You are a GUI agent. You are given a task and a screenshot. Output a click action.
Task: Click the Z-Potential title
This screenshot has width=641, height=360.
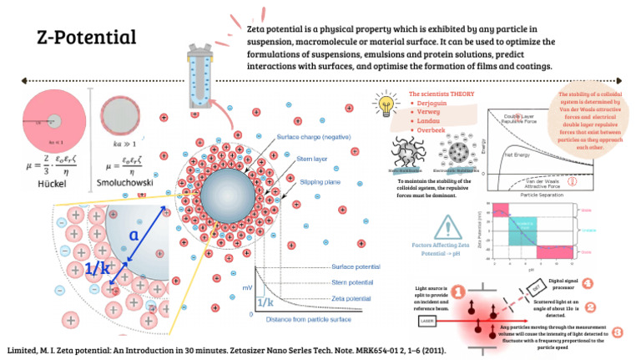pos(87,38)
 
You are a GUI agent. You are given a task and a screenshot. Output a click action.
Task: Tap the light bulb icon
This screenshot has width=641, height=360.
pos(386,105)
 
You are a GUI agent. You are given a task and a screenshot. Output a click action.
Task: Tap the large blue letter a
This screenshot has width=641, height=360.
pos(133,236)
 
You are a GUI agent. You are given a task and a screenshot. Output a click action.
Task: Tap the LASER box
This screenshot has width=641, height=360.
pos(425,318)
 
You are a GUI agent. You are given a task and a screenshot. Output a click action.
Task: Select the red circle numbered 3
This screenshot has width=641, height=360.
pos(617,331)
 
